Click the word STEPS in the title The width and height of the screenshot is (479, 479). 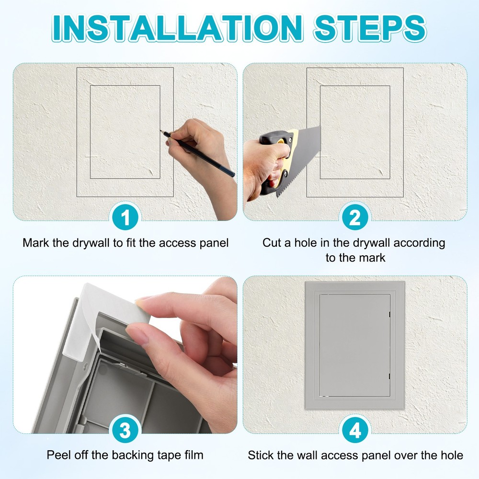[369, 28]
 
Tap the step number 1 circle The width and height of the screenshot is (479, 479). [125, 218]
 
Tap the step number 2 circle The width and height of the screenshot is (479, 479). [355, 218]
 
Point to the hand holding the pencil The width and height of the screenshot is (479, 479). [201, 144]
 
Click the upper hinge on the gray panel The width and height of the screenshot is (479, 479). [390, 315]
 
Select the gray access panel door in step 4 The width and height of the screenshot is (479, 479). [354, 345]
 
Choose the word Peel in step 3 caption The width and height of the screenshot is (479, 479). [57, 455]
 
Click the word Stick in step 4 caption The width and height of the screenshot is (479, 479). [260, 455]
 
